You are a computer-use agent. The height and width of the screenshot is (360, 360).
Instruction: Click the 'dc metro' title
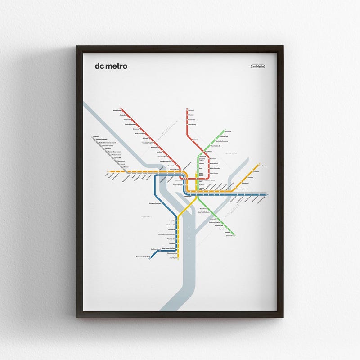pos(111,66)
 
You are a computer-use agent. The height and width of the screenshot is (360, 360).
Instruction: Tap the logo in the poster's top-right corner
pos(258,67)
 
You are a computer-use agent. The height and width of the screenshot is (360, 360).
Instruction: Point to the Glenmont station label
pos(191,110)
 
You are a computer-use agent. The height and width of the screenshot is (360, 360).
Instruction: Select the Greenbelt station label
pos(227,132)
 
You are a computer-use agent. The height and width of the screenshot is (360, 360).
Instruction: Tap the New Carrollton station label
pos(262,166)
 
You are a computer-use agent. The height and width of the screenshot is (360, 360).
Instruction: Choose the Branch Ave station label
pos(229,235)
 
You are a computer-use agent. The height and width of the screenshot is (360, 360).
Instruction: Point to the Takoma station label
pos(195,139)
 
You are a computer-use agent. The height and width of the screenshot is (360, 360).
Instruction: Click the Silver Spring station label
pos(192,124)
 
